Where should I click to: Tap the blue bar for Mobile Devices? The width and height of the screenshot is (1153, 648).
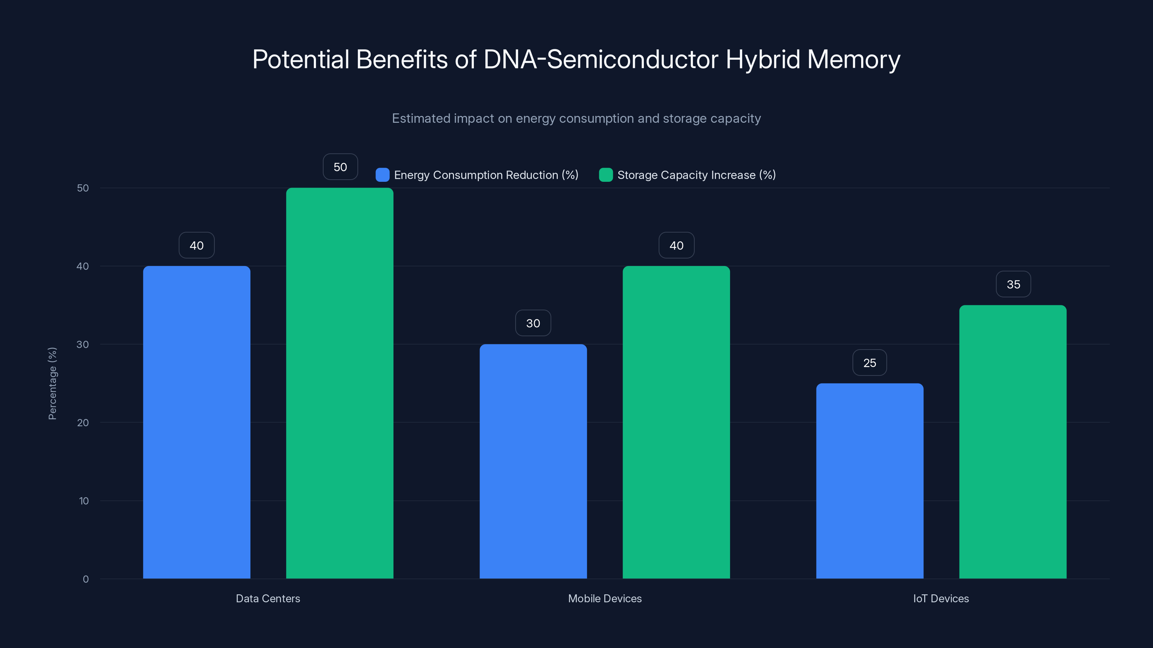(x=533, y=461)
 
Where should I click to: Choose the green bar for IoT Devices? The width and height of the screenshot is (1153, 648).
(x=1013, y=441)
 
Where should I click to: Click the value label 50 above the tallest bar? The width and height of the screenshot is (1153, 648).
(x=340, y=167)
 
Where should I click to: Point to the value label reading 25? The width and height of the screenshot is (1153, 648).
(x=870, y=363)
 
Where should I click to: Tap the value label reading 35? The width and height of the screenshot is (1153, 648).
(x=1013, y=284)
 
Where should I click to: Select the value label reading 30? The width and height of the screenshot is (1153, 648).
(x=533, y=323)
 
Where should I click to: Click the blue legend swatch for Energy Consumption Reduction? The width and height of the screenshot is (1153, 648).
(x=382, y=175)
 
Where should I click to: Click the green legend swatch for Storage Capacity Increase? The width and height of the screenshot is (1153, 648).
(x=606, y=175)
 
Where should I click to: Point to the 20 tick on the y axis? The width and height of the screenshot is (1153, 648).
(x=83, y=423)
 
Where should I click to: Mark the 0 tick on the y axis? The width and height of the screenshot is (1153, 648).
(x=85, y=579)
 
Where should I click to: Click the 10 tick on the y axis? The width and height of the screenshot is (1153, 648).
(x=84, y=501)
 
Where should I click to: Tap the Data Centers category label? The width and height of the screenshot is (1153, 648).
(x=268, y=598)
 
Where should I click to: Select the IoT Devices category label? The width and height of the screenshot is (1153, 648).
(x=941, y=598)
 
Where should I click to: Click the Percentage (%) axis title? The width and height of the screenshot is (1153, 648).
(x=52, y=383)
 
